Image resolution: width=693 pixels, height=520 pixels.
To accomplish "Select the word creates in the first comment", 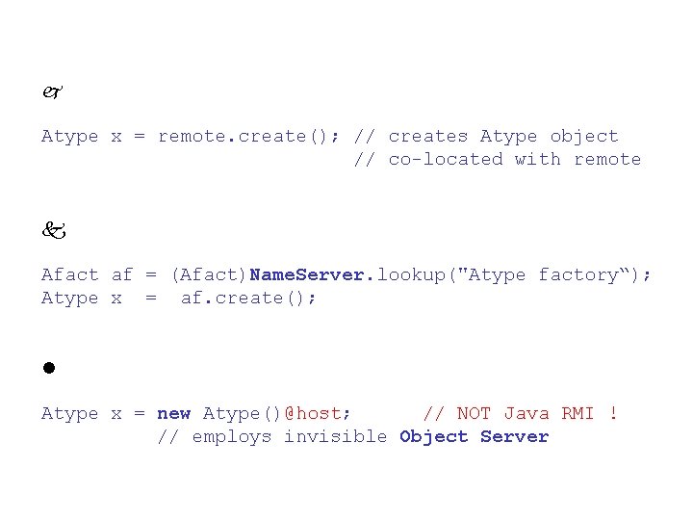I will [x=427, y=137].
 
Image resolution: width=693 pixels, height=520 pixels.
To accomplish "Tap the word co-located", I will [x=445, y=160].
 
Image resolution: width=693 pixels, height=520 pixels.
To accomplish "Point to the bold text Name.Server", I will [x=307, y=275].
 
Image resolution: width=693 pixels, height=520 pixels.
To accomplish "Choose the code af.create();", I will [x=248, y=299].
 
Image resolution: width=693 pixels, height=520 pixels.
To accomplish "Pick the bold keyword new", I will [x=173, y=414].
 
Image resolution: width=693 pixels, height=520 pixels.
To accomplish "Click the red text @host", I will [x=318, y=414].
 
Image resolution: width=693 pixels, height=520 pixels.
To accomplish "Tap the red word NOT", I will [x=474, y=414].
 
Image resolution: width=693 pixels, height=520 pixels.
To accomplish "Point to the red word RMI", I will [x=577, y=414].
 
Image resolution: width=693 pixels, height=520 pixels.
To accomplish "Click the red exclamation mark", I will [x=613, y=414].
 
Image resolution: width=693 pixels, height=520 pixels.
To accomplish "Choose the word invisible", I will [x=335, y=437].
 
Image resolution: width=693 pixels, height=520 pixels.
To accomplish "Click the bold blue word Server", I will [x=514, y=437].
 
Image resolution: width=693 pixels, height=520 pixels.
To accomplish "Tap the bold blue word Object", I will [x=433, y=437].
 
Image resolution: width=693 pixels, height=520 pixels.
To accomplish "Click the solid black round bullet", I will [x=47, y=369].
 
